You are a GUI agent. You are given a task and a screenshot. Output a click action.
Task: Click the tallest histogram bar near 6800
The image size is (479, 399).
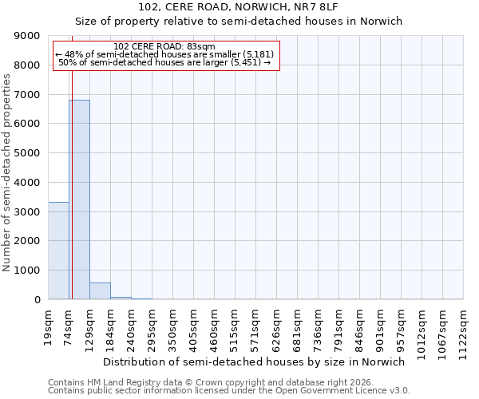coord(79,199)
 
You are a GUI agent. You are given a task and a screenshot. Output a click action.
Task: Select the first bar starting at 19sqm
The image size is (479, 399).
coord(58,251)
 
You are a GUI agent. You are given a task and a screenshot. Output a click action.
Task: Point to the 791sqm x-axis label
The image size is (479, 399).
coord(339,326)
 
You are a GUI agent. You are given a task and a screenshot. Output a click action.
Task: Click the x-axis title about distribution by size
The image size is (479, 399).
coord(254,361)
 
